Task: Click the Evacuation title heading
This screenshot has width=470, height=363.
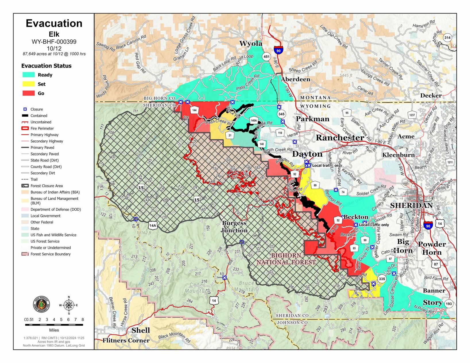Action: coord(54,24)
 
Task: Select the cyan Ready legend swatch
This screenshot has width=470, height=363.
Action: coord(28,75)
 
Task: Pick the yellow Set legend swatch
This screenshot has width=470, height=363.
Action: coord(28,84)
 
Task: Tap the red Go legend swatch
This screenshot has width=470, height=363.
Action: coord(28,93)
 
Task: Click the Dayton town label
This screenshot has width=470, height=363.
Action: coord(307,154)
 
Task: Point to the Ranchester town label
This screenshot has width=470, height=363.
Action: coord(340,138)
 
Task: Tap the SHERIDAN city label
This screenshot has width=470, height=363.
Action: coord(411,205)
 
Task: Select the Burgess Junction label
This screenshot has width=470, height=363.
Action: coord(234,227)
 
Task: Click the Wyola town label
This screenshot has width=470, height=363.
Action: coord(251,44)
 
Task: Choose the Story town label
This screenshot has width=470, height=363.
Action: coord(432,303)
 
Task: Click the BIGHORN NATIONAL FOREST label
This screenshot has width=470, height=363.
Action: coord(286,259)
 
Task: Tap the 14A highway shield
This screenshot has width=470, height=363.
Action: coord(153,226)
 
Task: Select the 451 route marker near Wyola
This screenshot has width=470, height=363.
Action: coord(266,57)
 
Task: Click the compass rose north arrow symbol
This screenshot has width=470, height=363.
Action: coord(69,305)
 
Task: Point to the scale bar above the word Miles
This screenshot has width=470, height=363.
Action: coord(54,325)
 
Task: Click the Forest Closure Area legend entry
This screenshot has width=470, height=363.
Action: coord(47,186)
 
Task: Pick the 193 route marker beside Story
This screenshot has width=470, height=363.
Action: coord(449,304)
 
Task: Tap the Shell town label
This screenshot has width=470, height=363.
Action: coord(140,330)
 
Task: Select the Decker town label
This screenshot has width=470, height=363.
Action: coord(431,96)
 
